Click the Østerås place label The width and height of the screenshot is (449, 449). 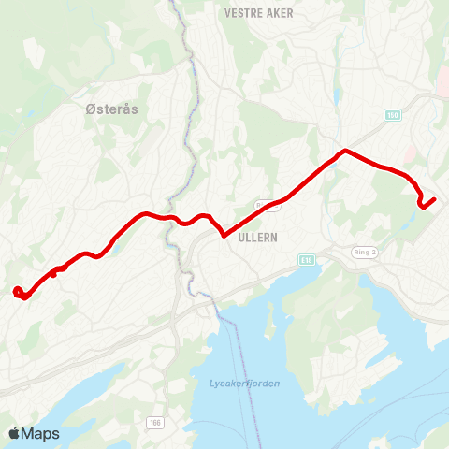click(x=111, y=109)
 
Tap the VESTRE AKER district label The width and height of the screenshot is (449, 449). click(x=259, y=13)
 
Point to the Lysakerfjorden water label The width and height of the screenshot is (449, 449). click(x=239, y=384)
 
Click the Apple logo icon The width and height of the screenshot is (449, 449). click(x=14, y=433)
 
